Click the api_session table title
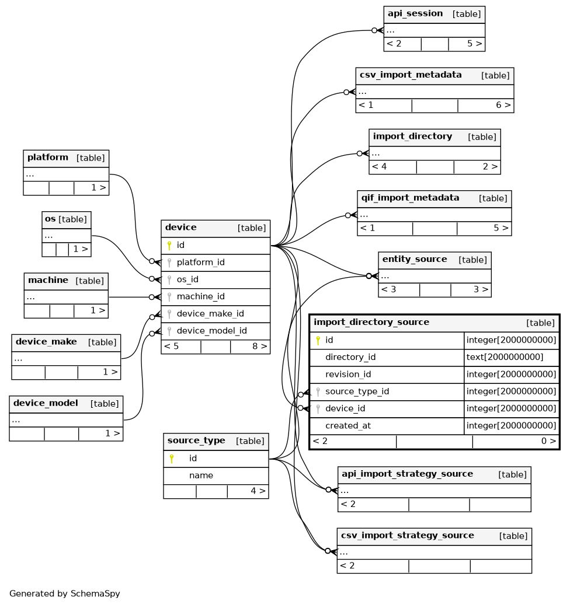tap(415, 13)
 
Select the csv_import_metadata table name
tap(411, 75)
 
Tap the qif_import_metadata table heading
tap(410, 198)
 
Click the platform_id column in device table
tap(200, 263)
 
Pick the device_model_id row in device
tap(211, 331)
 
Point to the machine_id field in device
tap(200, 296)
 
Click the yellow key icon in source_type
tap(172, 459)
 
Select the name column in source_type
tap(201, 475)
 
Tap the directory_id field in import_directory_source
tap(350, 357)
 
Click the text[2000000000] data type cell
tap(505, 357)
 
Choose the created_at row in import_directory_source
tap(348, 425)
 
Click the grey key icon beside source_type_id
tap(318, 391)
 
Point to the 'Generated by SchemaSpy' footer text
tap(64, 593)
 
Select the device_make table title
tap(46, 342)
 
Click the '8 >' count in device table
tap(259, 346)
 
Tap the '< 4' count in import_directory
tap(379, 167)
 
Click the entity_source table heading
tap(415, 259)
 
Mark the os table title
tap(50, 219)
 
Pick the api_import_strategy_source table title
tap(407, 474)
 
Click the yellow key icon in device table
tap(169, 246)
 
